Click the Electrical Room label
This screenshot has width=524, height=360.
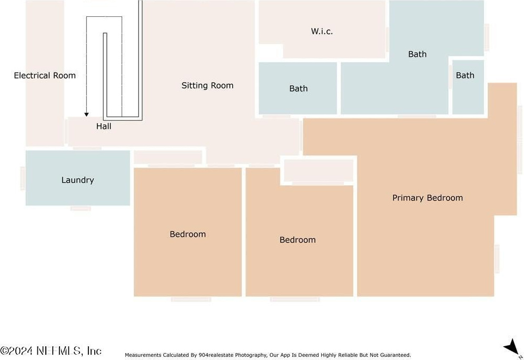pyautogui.click(x=45, y=75)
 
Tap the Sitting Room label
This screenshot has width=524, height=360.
pyautogui.click(x=207, y=85)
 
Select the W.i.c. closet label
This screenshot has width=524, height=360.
pyautogui.click(x=322, y=31)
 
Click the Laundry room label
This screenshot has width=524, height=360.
pyautogui.click(x=77, y=180)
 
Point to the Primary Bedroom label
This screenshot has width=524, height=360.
pyautogui.click(x=427, y=198)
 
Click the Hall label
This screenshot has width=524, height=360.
pyautogui.click(x=104, y=126)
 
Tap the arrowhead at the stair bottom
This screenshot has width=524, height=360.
pyautogui.click(x=86, y=114)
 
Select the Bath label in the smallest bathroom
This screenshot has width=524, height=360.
pyautogui.click(x=465, y=75)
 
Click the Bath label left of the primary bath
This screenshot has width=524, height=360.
pyautogui.click(x=298, y=88)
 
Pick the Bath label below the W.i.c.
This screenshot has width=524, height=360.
pyautogui.click(x=417, y=54)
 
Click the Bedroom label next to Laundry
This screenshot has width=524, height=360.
pyautogui.click(x=187, y=234)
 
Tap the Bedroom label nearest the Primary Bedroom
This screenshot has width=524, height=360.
pyautogui.click(x=298, y=240)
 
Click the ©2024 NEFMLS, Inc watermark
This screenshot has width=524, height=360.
pyautogui.click(x=51, y=351)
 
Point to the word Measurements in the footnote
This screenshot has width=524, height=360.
pyautogui.click(x=143, y=355)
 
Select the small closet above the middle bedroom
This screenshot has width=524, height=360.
pyautogui.click(x=319, y=170)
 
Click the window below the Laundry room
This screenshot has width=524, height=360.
pyautogui.click(x=81, y=208)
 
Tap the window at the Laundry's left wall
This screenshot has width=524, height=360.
pyautogui.click(x=23, y=178)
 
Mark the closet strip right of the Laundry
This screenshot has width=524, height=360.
pyautogui.click(x=168, y=157)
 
